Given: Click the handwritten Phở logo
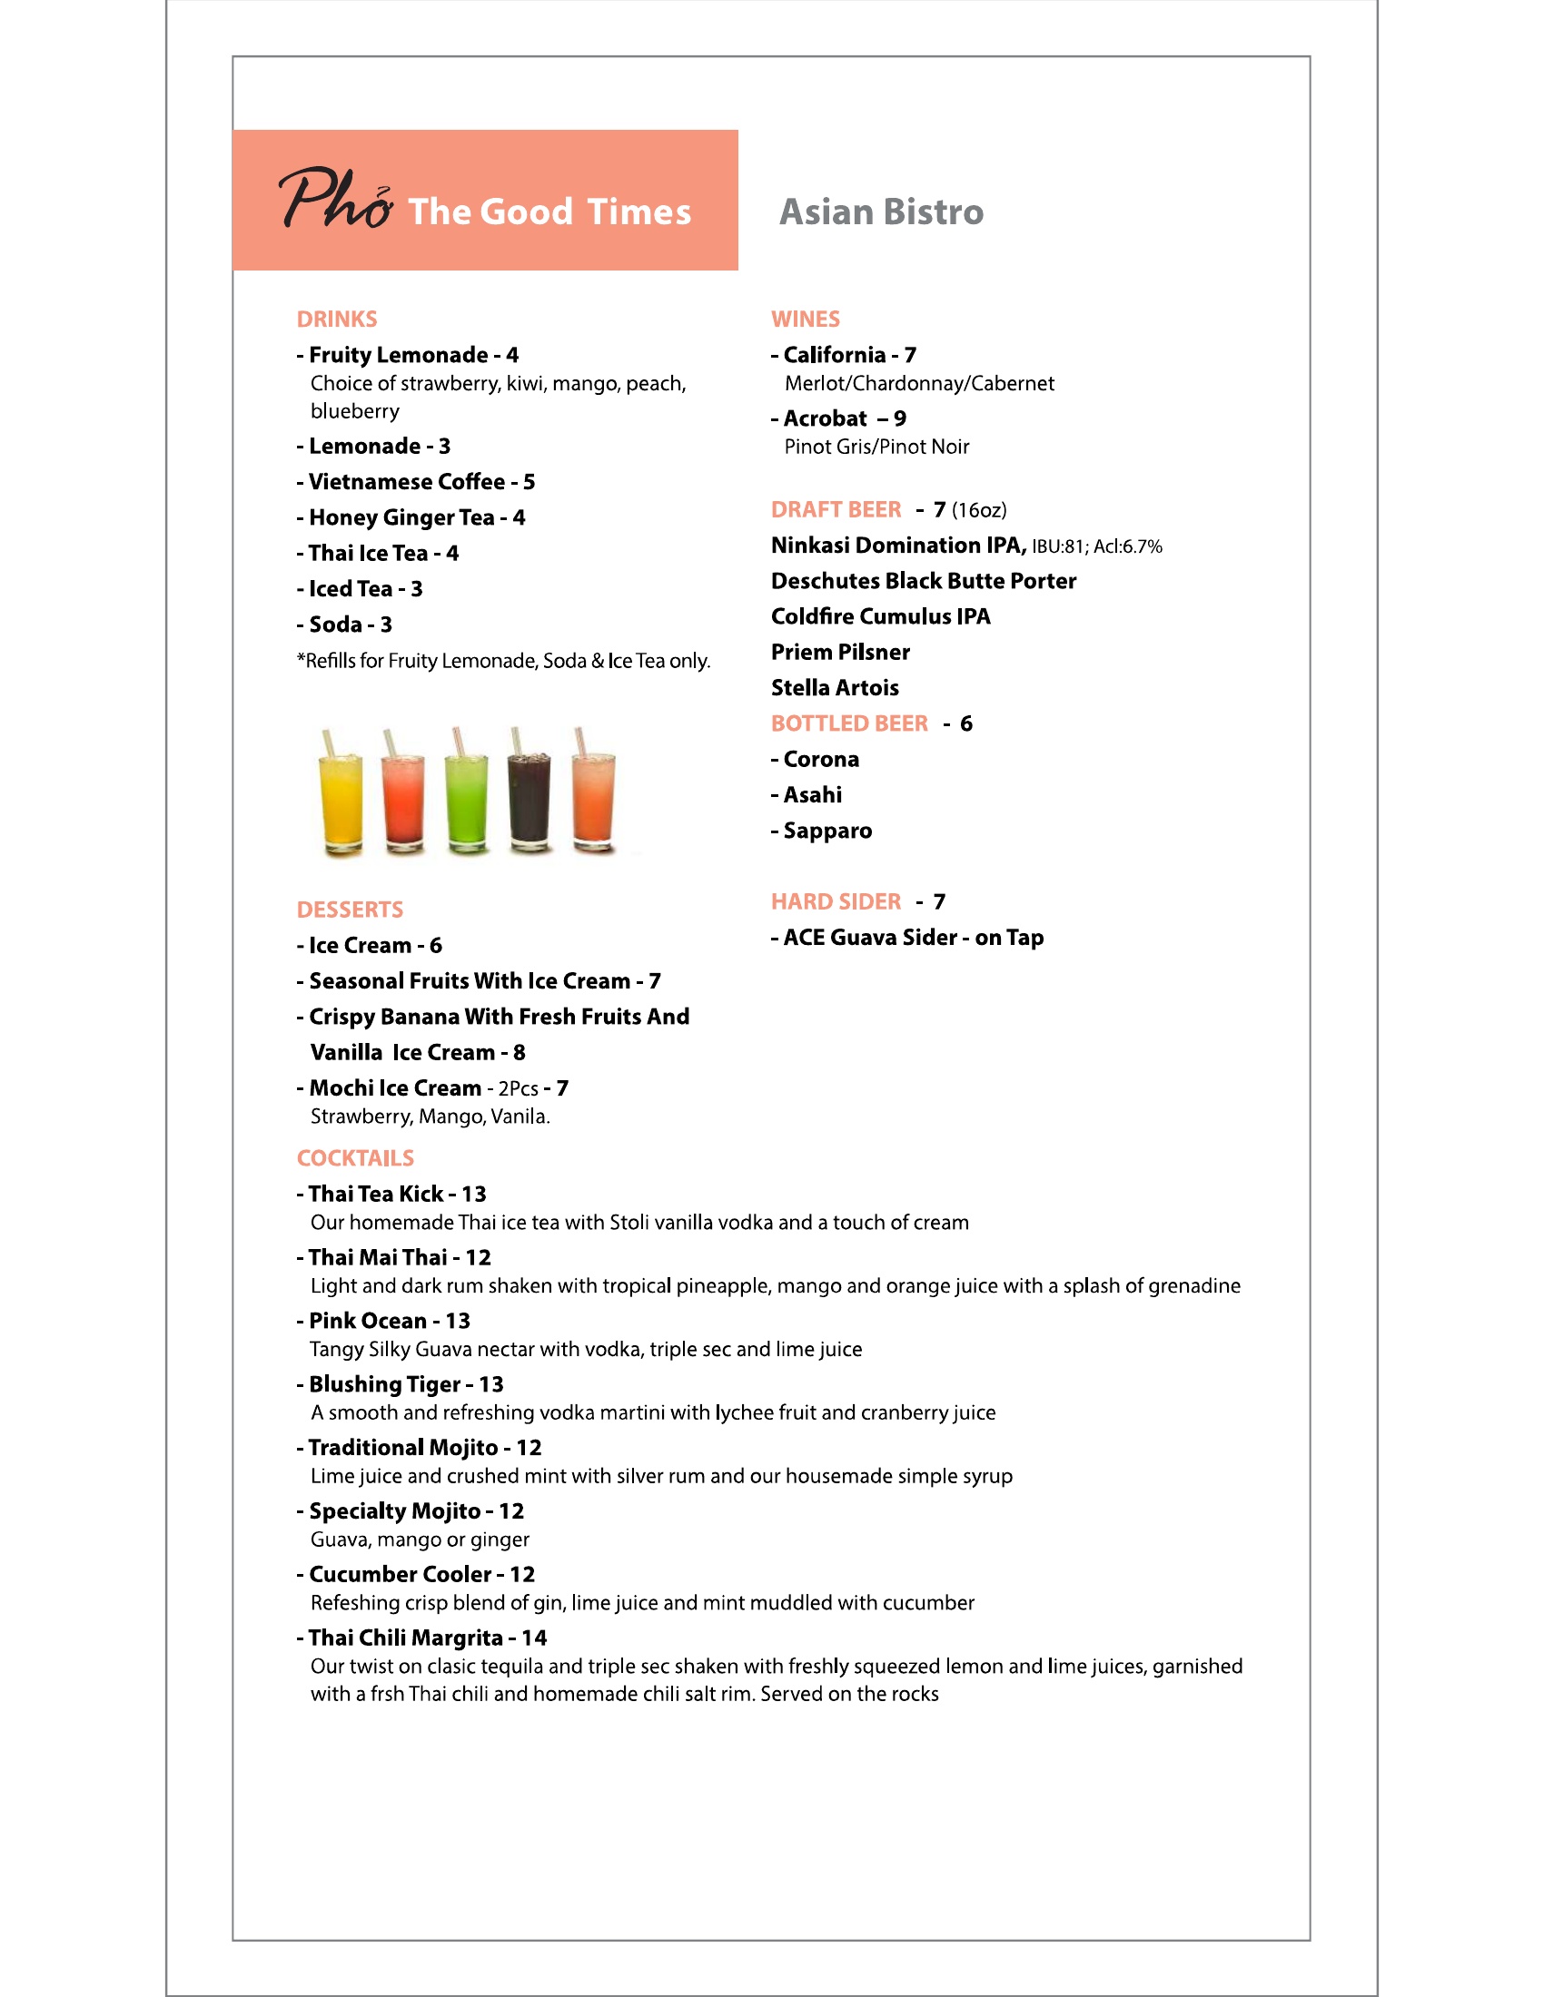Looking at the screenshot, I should pyautogui.click(x=335, y=199).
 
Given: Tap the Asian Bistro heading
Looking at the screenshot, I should pyautogui.click(x=881, y=212).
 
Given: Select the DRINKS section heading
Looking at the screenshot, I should pyautogui.click(x=337, y=320).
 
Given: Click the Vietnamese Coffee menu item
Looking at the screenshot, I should pyautogui.click(x=407, y=482).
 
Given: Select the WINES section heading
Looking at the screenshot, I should pyautogui.click(x=805, y=320).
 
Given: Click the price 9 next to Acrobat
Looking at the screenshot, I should pyautogui.click(x=900, y=418).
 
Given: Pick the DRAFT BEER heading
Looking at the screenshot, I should pyautogui.click(x=836, y=509).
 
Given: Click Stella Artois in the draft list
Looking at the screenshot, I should pyautogui.click(x=834, y=688).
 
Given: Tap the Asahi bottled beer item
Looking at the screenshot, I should pyautogui.click(x=812, y=794).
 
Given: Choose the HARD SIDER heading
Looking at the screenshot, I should pyautogui.click(x=836, y=901).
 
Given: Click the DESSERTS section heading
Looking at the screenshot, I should pyautogui.click(x=350, y=910).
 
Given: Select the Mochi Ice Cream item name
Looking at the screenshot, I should pyautogui.click(x=395, y=1088).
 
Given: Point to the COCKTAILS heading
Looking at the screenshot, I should pyautogui.click(x=355, y=1158).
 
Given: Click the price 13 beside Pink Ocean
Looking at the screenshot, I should pyautogui.click(x=458, y=1322).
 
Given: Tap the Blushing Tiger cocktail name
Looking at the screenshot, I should pyautogui.click(x=384, y=1384).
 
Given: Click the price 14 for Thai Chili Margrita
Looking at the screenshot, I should pyautogui.click(x=534, y=1638).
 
